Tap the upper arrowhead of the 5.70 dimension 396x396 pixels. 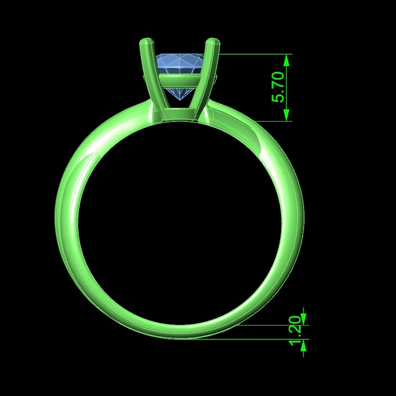(x=286, y=60)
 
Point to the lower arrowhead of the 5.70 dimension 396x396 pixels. (x=286, y=115)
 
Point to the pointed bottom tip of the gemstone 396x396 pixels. (x=180, y=100)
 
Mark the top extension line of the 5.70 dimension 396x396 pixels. (x=253, y=54)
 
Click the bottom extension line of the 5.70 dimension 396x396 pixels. (x=272, y=121)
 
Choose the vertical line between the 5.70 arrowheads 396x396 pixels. (x=286, y=87)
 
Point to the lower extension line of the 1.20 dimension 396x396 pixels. (x=248, y=339)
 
